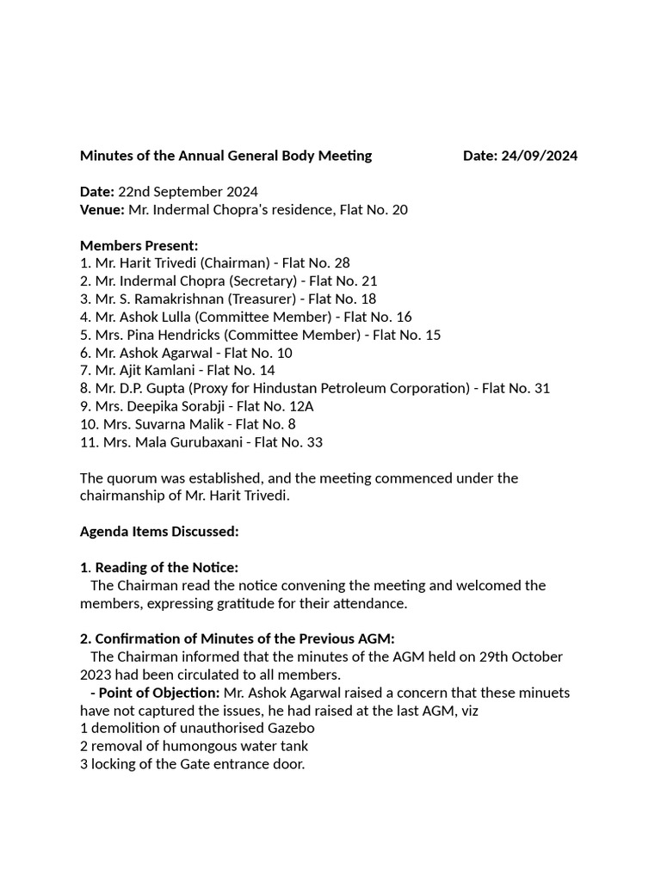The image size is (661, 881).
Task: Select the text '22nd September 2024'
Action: (x=188, y=192)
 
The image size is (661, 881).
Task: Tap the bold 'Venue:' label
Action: (x=102, y=210)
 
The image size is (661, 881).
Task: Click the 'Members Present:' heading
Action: (x=139, y=245)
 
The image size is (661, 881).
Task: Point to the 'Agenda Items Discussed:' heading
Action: (x=159, y=532)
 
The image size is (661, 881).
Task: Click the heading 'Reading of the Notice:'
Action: (x=166, y=568)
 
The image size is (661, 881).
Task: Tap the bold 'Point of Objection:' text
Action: (x=159, y=693)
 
